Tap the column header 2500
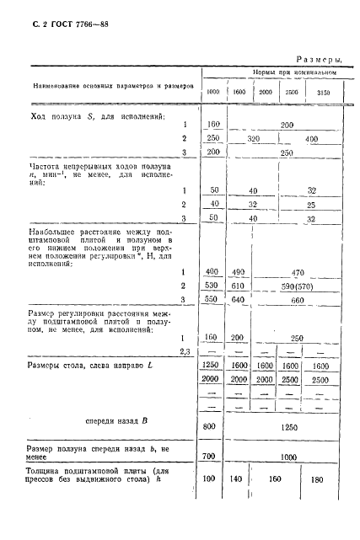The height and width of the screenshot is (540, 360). tap(292, 91)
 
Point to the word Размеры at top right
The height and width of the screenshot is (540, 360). tap(320, 58)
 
